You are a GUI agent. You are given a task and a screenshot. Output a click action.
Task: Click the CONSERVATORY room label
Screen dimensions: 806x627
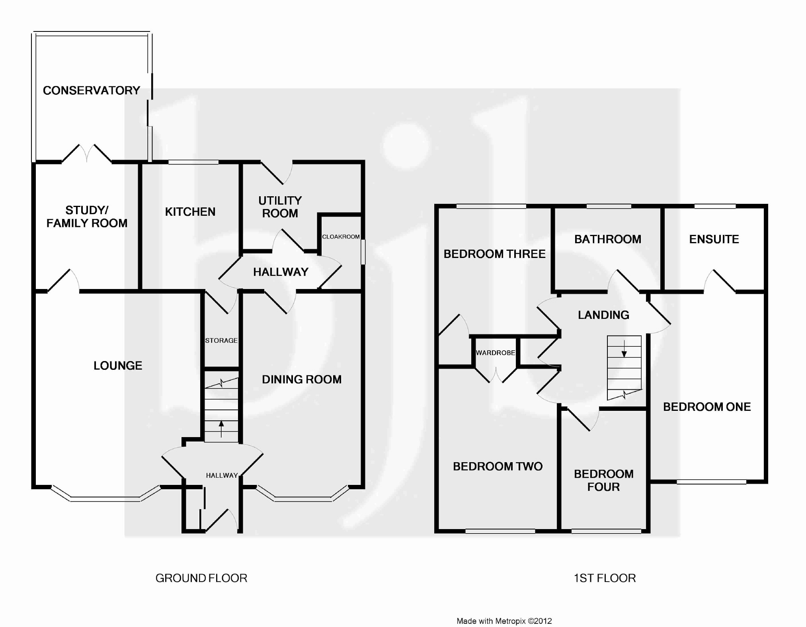click(91, 90)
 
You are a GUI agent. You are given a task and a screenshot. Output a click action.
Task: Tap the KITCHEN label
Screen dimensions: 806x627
click(190, 212)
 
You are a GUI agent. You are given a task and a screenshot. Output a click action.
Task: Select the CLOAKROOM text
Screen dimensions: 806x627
click(341, 237)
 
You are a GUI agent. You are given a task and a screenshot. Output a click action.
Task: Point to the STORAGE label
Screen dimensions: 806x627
click(221, 340)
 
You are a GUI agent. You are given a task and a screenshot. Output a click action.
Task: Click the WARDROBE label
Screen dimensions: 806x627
click(496, 353)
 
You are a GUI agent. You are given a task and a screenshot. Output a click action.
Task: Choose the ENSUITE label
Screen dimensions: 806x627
click(714, 239)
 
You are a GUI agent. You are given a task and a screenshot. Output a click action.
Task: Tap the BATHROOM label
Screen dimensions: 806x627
click(608, 239)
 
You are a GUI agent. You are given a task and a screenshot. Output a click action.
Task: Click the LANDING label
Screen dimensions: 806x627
click(603, 315)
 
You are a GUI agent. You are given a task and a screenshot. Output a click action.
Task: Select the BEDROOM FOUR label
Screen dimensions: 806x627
click(603, 480)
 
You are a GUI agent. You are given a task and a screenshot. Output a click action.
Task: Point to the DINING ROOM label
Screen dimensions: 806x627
click(302, 379)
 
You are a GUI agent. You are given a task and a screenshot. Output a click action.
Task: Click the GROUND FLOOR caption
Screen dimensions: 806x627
click(201, 578)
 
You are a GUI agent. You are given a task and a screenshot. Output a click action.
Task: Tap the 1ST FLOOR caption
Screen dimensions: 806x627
click(605, 578)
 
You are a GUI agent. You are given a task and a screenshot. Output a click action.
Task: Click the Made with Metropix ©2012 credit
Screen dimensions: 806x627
click(504, 621)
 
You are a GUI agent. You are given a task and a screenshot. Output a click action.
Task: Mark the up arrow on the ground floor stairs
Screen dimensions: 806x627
click(221, 428)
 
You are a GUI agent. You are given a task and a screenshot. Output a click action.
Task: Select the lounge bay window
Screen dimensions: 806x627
click(105, 497)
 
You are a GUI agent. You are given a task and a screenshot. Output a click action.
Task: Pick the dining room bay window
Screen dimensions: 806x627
click(302, 498)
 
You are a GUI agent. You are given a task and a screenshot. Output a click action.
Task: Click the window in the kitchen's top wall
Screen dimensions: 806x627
click(193, 162)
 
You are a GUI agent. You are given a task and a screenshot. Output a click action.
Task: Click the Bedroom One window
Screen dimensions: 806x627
click(711, 482)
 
